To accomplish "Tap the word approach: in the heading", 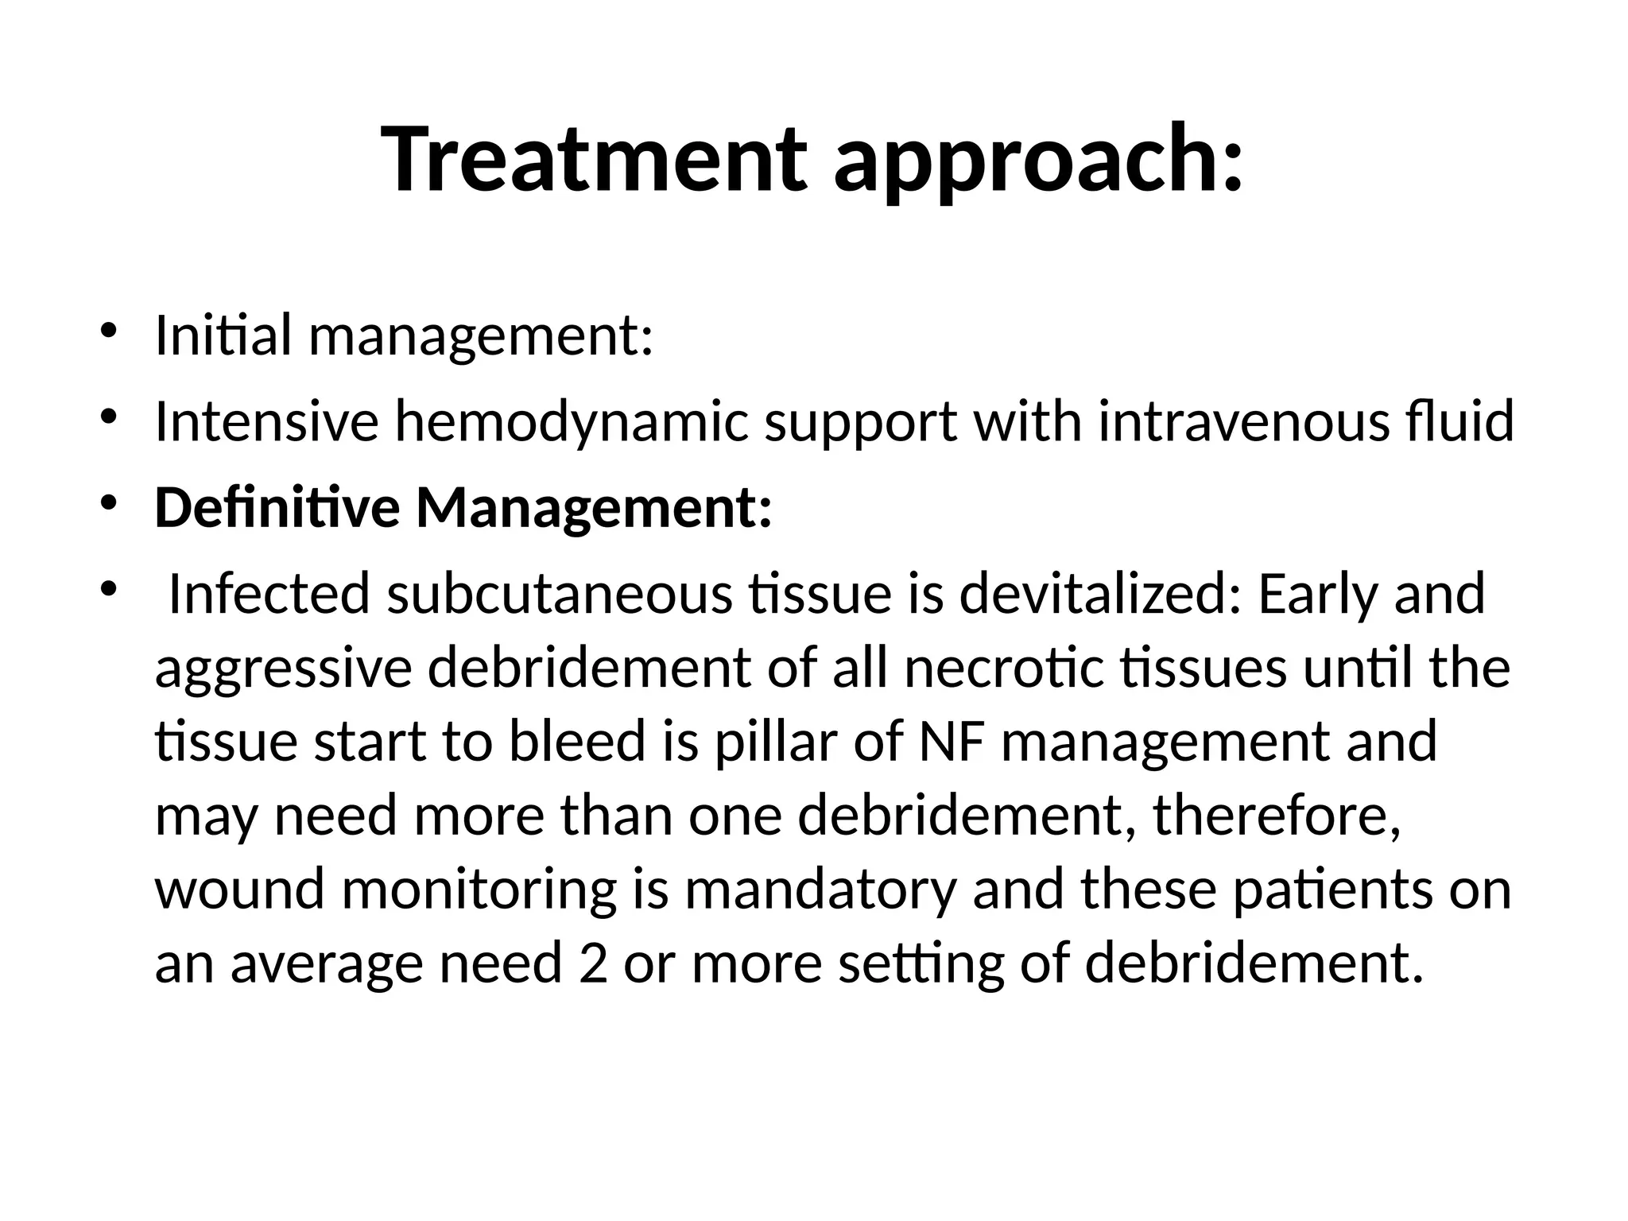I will point(1037,163).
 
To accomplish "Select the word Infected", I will point(269,594).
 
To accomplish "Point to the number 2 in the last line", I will point(593,963).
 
